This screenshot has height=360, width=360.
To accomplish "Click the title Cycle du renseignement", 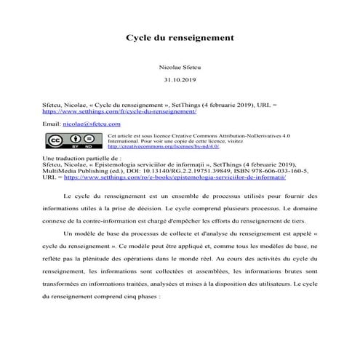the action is (x=180, y=36).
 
